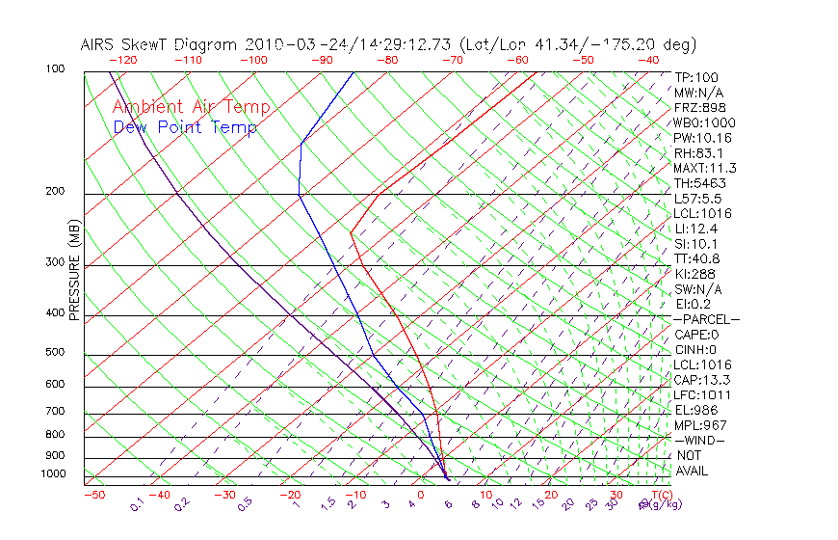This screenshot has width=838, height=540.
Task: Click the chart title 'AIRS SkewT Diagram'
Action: pyautogui.click(x=160, y=45)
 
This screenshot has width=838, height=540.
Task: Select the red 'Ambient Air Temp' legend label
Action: pyautogui.click(x=191, y=108)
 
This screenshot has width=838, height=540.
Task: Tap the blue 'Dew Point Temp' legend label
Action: pyautogui.click(x=185, y=127)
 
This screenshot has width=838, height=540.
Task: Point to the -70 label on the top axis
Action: pyautogui.click(x=452, y=60)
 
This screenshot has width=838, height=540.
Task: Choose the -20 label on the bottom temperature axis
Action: pyautogui.click(x=290, y=495)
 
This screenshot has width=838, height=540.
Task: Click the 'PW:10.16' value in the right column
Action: pyautogui.click(x=702, y=138)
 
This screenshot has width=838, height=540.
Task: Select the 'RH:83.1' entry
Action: pyautogui.click(x=698, y=153)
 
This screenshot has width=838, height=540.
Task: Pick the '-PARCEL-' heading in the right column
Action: pyautogui.click(x=706, y=319)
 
